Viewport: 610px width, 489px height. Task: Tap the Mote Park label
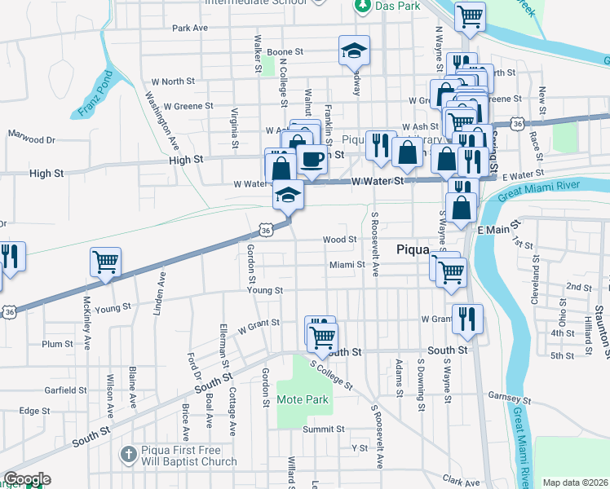[x=303, y=400]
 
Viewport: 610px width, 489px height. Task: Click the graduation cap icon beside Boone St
[x=355, y=51]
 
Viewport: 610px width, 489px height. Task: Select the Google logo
[x=26, y=479]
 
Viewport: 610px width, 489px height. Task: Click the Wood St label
[x=339, y=240]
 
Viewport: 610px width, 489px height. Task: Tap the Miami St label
[x=346, y=265]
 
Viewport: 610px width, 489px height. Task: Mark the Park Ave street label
[x=190, y=28]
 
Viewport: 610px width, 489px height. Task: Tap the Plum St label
[x=58, y=344]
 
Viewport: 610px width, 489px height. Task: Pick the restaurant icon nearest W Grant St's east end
[x=466, y=319]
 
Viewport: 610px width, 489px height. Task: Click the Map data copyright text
[x=576, y=482]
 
